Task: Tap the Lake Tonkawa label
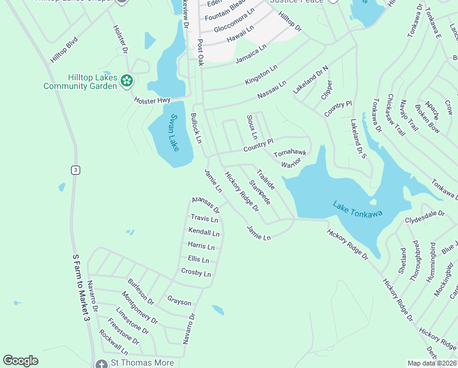pyautogui.click(x=358, y=209)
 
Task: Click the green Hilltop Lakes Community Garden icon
pyautogui.click(x=127, y=80)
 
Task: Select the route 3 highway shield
pyautogui.click(x=75, y=170)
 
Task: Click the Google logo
pyautogui.click(x=20, y=361)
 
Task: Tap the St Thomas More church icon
pyautogui.click(x=102, y=363)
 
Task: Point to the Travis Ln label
pyautogui.click(x=204, y=218)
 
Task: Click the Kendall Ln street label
pyautogui.click(x=204, y=233)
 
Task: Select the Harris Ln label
pyautogui.click(x=201, y=247)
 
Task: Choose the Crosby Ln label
pyautogui.click(x=196, y=273)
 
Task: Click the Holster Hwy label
pyautogui.click(x=152, y=101)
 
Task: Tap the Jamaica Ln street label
pyautogui.click(x=251, y=55)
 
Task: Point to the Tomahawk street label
pyautogui.click(x=290, y=151)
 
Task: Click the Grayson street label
pyautogui.click(x=179, y=302)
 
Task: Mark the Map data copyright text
pyautogui.click(x=432, y=363)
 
